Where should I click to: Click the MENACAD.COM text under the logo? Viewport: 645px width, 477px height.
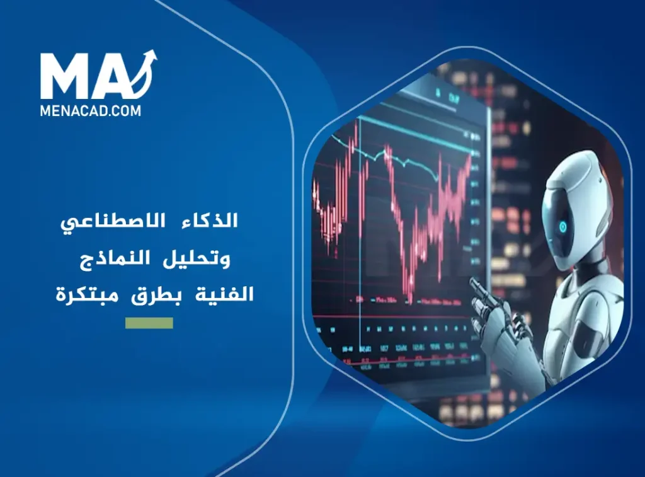click(x=91, y=110)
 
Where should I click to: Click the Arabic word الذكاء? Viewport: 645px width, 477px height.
click(x=213, y=222)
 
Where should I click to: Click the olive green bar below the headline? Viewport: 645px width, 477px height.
click(x=149, y=323)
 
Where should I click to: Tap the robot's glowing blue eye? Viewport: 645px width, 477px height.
click(x=562, y=226)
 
